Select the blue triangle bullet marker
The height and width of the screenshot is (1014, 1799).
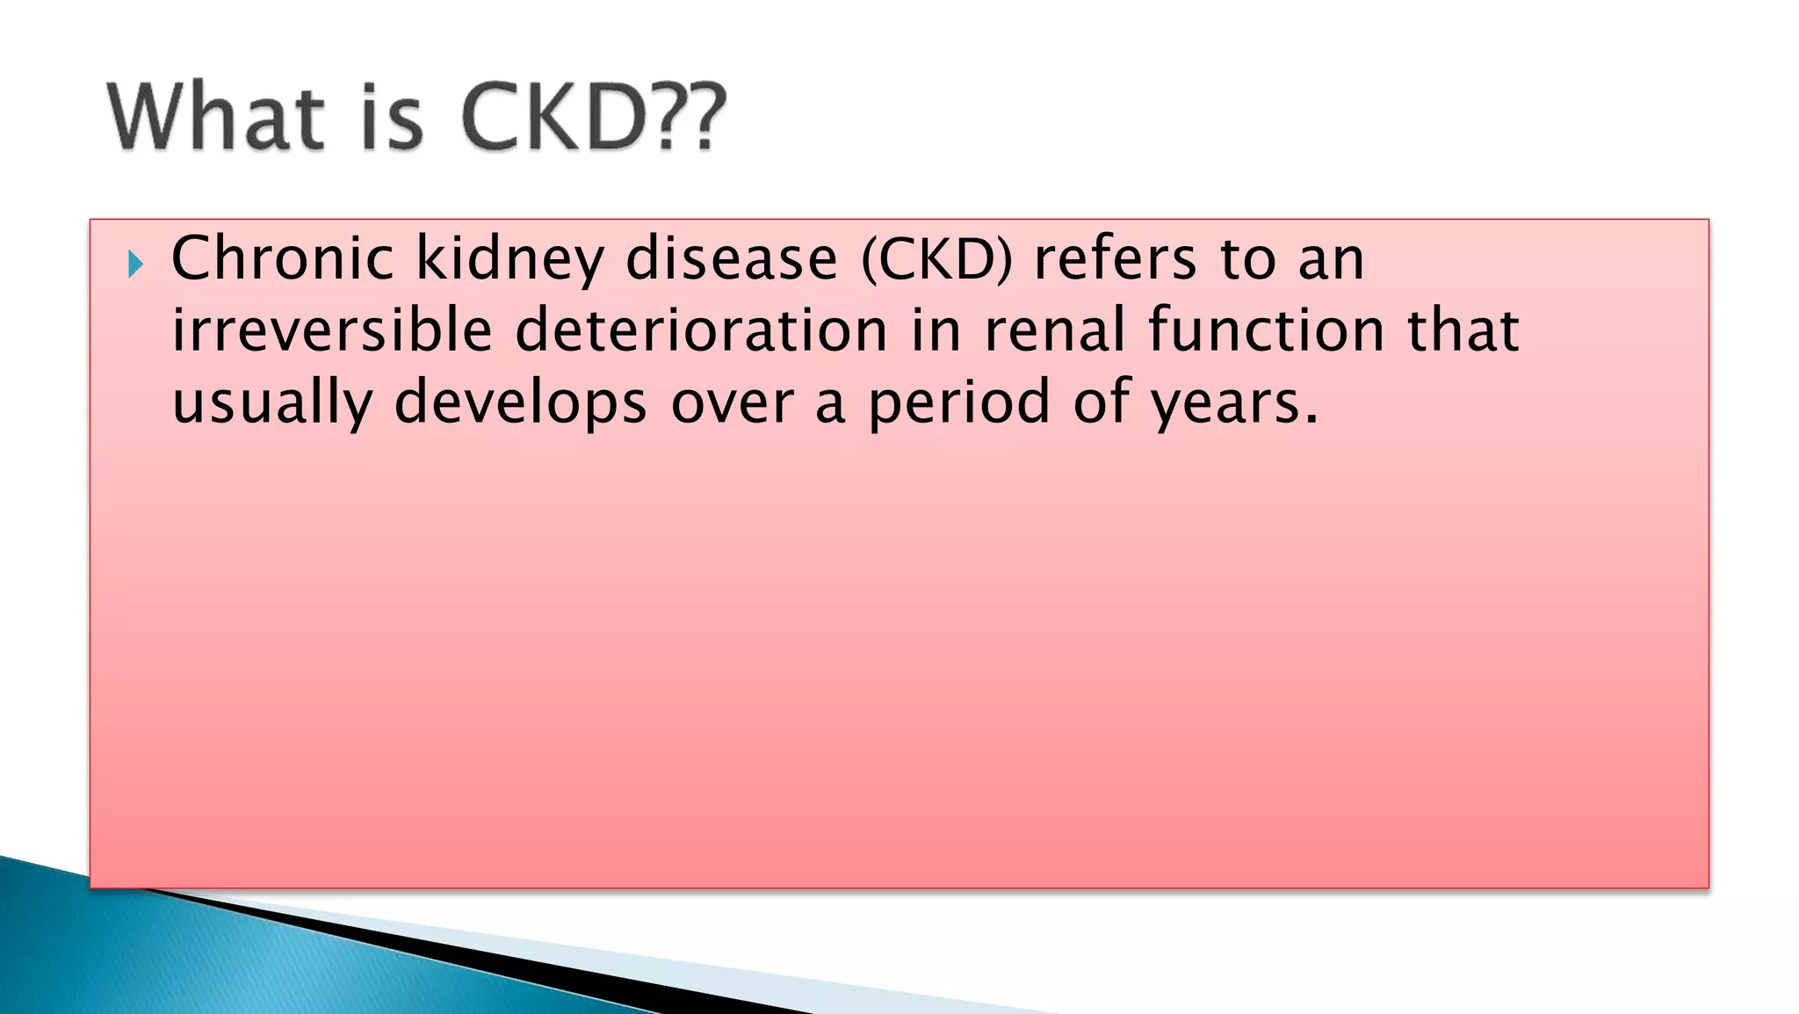134,264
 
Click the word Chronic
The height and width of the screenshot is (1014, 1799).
282,259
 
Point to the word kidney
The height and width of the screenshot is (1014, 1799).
509,261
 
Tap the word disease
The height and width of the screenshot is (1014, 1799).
732,259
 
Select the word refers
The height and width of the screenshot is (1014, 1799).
1115,259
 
